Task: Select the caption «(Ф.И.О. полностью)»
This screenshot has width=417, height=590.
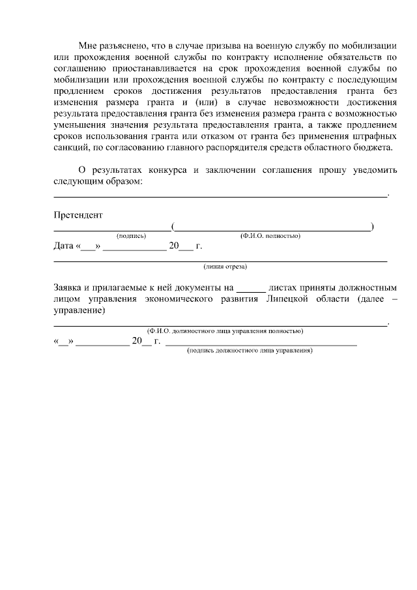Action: [x=270, y=235]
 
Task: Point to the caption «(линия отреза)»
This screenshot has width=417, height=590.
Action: [x=225, y=266]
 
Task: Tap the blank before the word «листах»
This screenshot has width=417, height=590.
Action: [x=251, y=288]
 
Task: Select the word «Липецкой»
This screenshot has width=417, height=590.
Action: [x=287, y=299]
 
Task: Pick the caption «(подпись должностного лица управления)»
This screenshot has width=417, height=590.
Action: [x=250, y=351]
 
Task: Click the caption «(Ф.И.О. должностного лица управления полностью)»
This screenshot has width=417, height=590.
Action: [x=225, y=331]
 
